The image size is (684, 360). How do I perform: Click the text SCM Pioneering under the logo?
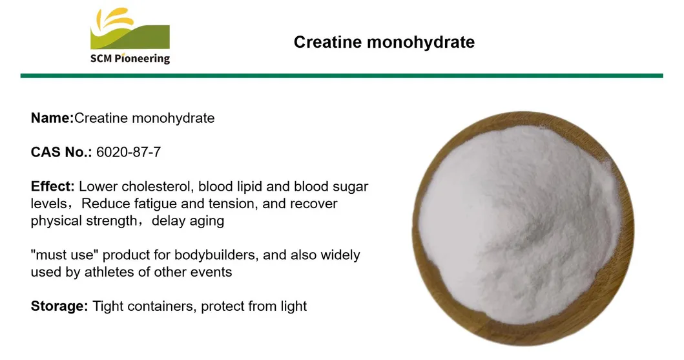pos(130,59)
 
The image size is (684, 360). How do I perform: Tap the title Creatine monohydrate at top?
pos(384,42)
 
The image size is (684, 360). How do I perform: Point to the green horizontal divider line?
pos(342,76)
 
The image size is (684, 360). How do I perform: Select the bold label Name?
pos(52,118)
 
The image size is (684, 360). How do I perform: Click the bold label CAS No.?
pos(61,153)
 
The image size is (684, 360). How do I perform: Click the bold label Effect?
pos(53,187)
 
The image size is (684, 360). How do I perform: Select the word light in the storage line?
pos(293,306)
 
